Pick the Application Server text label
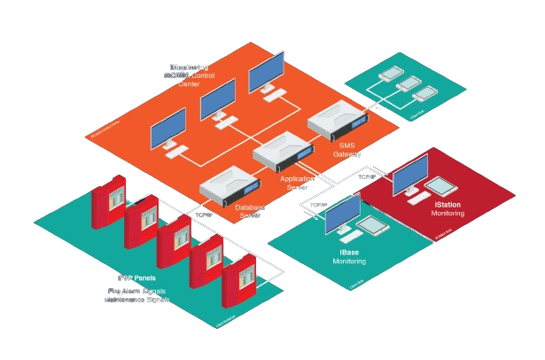[x=298, y=183]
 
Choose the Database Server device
[x=228, y=187]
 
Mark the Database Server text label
[x=250, y=211]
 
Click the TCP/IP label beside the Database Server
[x=205, y=214]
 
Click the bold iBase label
[x=348, y=253]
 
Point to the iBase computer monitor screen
[x=342, y=214]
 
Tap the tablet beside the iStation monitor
[x=442, y=186]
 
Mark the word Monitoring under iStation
[x=448, y=214]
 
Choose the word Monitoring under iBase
[x=348, y=262]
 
